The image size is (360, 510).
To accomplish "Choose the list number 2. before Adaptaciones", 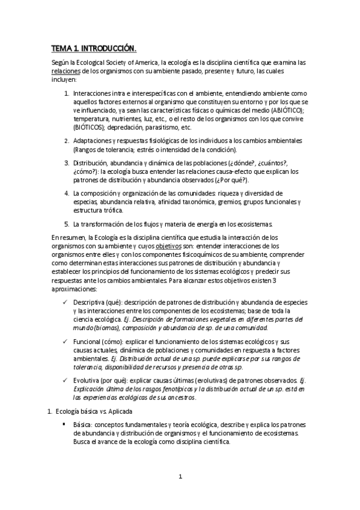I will coord(66,141).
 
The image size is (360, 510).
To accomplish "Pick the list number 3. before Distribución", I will coord(66,162).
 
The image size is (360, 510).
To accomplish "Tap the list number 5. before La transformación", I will coord(66,224).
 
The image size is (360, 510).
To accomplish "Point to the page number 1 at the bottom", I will coord(180,477).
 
